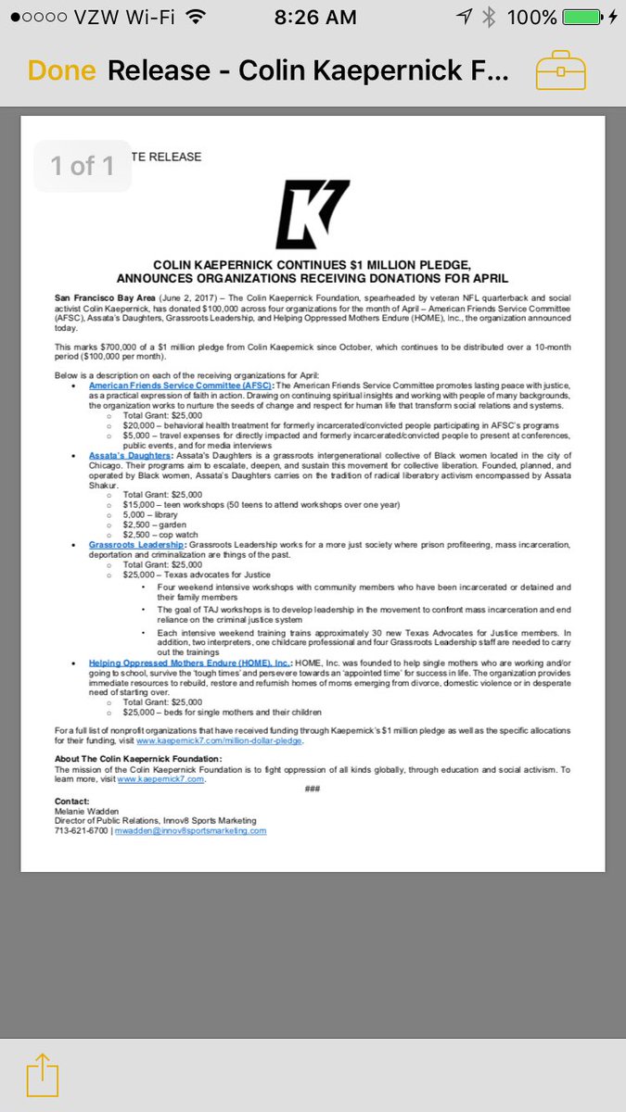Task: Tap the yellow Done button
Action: tap(61, 71)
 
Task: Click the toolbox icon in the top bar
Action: tap(561, 71)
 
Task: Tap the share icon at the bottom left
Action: tap(42, 1076)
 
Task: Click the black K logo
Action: tap(313, 215)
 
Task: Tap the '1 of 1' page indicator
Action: tap(83, 166)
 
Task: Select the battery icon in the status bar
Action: tap(587, 18)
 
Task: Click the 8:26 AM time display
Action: tap(313, 18)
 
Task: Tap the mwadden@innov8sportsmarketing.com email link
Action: tap(191, 830)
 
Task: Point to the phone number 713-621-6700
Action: tap(82, 830)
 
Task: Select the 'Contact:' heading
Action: tap(71, 800)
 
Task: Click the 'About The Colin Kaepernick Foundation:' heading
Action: tap(136, 759)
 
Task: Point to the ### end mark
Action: tap(313, 788)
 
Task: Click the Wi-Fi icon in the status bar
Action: tap(195, 17)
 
